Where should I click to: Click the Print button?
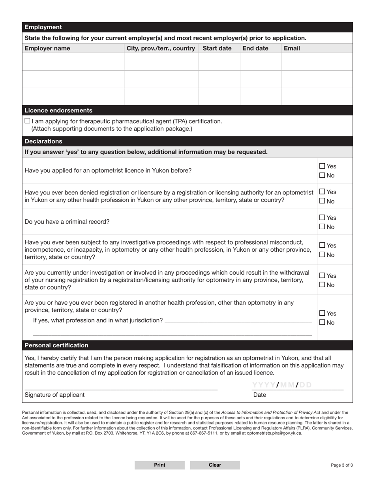point(159,465)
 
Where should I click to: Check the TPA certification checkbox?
point(27,121)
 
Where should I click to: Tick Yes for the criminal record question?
point(322,217)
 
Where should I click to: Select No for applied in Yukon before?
point(322,175)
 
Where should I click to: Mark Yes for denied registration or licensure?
point(322,192)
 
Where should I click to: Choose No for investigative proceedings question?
point(322,255)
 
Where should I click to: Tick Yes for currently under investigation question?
point(322,275)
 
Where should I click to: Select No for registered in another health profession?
point(322,322)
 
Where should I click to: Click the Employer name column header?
point(47,48)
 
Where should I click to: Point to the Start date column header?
point(217,48)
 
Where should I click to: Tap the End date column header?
point(255,48)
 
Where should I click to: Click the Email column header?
point(292,48)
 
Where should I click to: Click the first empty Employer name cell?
point(73,62)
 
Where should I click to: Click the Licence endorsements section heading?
point(58,110)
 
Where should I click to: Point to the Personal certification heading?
point(56,345)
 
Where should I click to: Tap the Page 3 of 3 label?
point(341,465)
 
